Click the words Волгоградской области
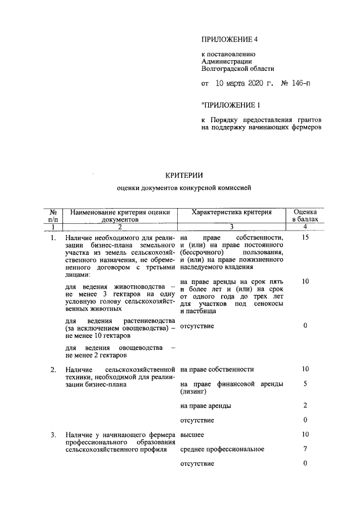[237, 69]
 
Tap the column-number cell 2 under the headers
[120, 227]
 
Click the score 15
[305, 238]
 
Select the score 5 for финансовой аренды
[305, 384]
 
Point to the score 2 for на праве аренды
[305, 405]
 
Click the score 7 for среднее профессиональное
[305, 449]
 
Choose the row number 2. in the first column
[53, 369]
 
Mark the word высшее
[192, 435]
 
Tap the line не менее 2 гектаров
[96, 355]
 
